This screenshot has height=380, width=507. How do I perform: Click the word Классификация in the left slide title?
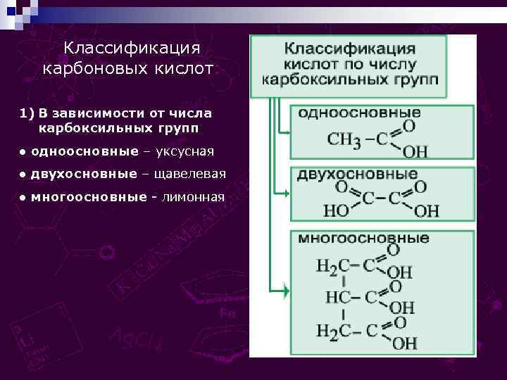pyautogui.click(x=132, y=48)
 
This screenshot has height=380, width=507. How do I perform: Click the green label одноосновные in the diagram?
pyautogui.click(x=360, y=113)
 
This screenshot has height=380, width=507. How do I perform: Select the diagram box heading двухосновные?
pyautogui.click(x=358, y=174)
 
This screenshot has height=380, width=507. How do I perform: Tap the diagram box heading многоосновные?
pyautogui.click(x=363, y=238)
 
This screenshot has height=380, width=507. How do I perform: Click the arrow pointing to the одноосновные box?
pyautogui.click(x=284, y=132)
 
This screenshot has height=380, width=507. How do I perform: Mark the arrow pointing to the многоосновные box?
pyautogui.click(x=281, y=290)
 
